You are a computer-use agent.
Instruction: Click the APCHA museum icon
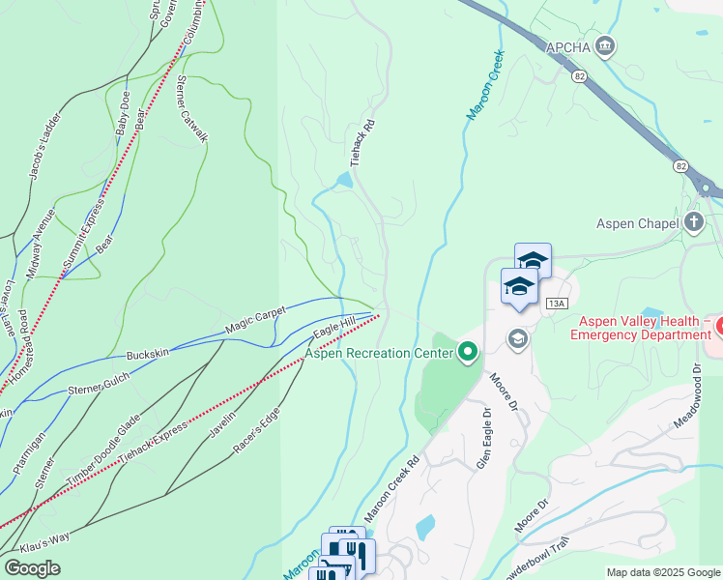point(605,45)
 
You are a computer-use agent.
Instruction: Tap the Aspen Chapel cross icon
point(692,222)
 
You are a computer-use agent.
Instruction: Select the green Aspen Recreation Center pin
point(469,353)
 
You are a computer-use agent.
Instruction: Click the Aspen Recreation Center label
point(380,353)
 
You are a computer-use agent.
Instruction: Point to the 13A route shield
point(555,304)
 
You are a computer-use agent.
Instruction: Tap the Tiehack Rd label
point(361,143)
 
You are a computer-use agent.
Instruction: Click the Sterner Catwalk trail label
point(191,110)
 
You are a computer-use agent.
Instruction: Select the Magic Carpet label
point(257,323)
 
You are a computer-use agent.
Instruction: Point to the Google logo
point(32,568)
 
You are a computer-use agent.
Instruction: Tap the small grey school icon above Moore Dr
point(519,338)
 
